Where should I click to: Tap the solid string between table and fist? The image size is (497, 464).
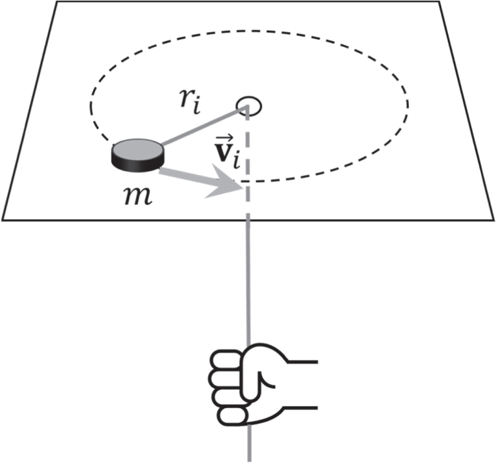(x=248, y=279)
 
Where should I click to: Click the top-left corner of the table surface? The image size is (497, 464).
(x=58, y=2)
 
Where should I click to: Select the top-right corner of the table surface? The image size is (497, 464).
(x=440, y=2)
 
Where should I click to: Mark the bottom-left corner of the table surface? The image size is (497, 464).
(x=3, y=219)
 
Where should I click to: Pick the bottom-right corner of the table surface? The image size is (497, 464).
(x=494, y=219)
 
